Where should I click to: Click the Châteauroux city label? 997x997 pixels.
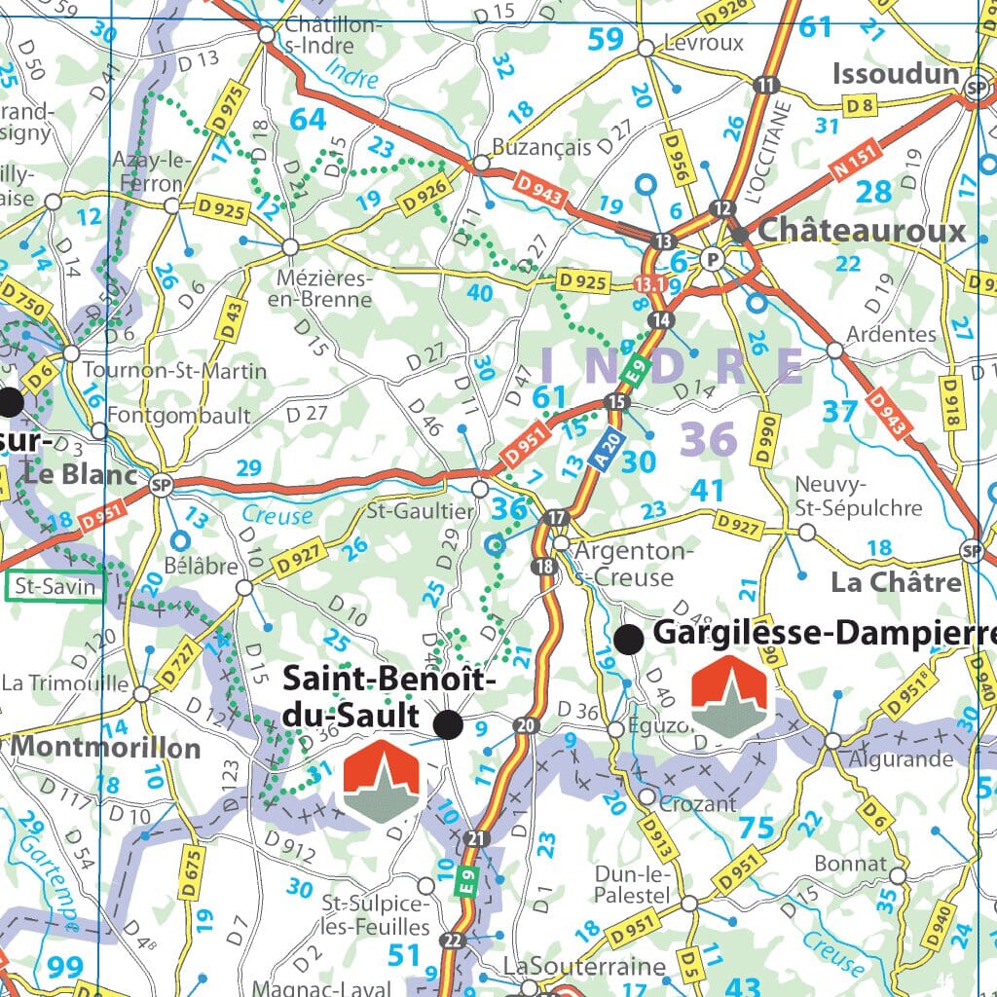pos(862,231)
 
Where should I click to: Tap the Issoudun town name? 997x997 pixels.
pos(896,74)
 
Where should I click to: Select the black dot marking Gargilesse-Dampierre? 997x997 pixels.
pos(630,639)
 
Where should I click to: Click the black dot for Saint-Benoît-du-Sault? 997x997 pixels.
pos(448,723)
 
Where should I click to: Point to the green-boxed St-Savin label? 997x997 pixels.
pos(55,587)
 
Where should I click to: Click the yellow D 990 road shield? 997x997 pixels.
pos(768,434)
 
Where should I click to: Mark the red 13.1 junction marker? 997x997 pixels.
pos(649,283)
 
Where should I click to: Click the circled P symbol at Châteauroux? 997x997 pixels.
pos(713,259)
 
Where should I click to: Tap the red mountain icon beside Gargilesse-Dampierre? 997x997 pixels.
pos(728,696)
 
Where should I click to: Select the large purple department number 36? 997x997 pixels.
pos(708,440)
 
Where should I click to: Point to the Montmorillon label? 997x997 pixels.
pos(105,748)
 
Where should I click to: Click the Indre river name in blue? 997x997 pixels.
pos(351,73)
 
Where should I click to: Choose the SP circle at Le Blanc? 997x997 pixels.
pos(161,484)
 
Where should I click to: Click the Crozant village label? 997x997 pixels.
pos(698,803)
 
